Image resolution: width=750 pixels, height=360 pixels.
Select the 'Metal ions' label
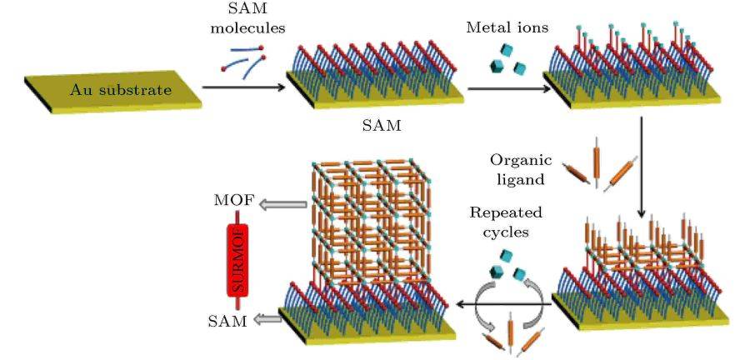507,27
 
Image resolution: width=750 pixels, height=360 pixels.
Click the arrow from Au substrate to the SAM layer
241,86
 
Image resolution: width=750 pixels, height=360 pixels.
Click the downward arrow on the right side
642,167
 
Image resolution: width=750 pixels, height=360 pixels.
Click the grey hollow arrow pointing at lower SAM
267,319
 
